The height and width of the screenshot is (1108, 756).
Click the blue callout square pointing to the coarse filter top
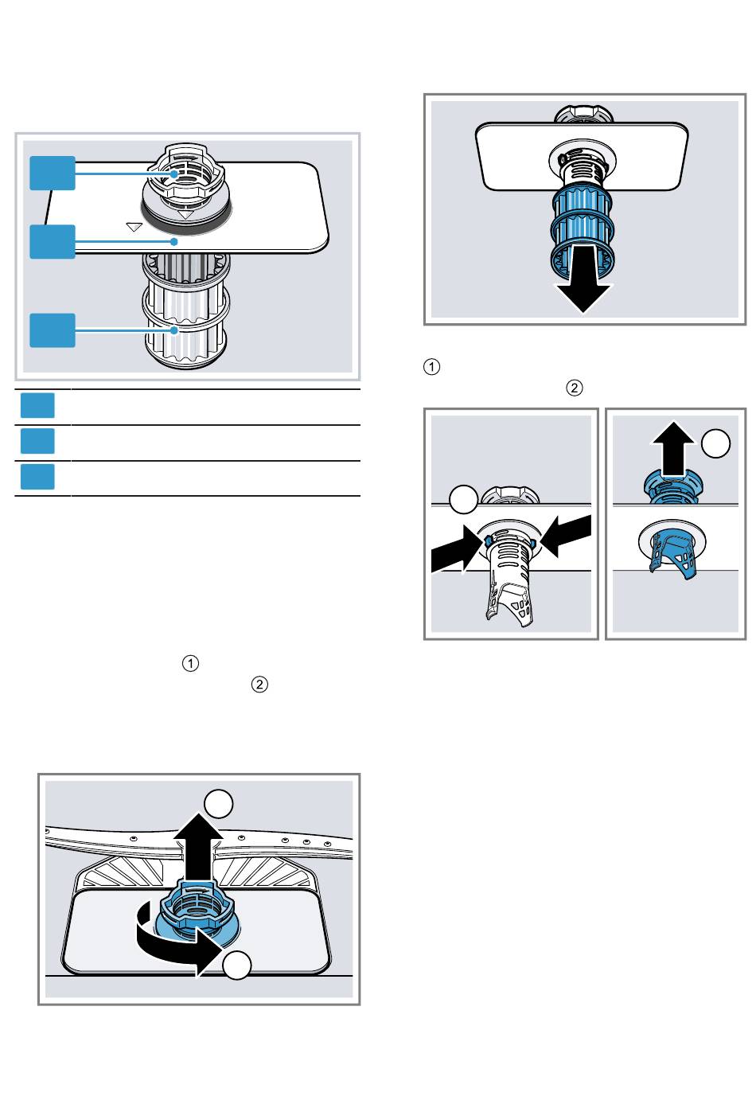tap(53, 174)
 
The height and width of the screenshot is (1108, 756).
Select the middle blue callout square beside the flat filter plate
tap(53, 242)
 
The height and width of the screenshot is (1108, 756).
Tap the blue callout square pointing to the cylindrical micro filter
tap(53, 330)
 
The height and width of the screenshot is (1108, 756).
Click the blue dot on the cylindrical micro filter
tap(174, 330)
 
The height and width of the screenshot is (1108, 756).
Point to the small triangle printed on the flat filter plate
tap(134, 227)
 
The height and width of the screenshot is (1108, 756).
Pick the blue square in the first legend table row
tap(37, 406)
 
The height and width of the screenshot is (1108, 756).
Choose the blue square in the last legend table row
tap(37, 477)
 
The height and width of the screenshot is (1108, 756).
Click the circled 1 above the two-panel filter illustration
tap(431, 367)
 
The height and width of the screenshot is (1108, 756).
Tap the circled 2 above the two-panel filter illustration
tap(574, 388)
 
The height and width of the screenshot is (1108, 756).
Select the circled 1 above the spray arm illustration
tap(190, 663)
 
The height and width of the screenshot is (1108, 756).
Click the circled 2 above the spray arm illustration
tap(259, 685)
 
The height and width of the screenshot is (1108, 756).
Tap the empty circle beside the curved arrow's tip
tap(237, 965)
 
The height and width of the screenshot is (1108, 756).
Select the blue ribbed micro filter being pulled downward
tap(582, 228)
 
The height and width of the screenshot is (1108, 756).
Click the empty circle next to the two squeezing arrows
tap(463, 500)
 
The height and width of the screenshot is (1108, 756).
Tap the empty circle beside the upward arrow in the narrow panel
tap(716, 443)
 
